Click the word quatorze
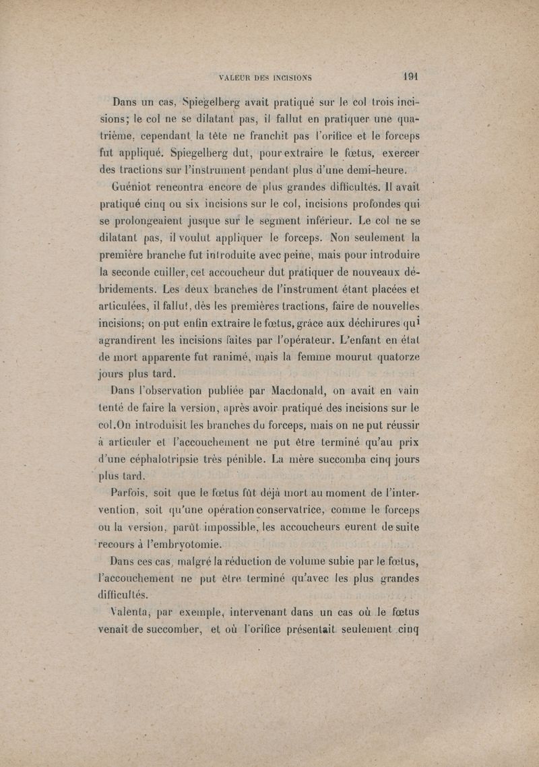pos(394,353)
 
